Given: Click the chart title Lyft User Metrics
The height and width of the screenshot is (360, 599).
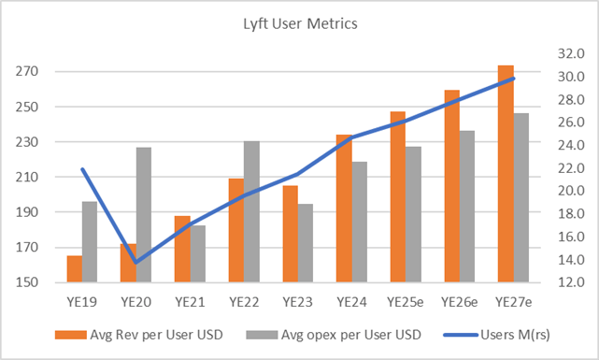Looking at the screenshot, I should [300, 25].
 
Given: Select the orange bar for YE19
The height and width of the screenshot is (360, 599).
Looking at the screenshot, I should [74, 268].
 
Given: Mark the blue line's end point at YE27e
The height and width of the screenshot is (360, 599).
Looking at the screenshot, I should [513, 79].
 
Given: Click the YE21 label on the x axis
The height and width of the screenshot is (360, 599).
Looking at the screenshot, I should [190, 301].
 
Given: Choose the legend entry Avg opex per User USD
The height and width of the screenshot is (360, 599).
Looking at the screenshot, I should [333, 334].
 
